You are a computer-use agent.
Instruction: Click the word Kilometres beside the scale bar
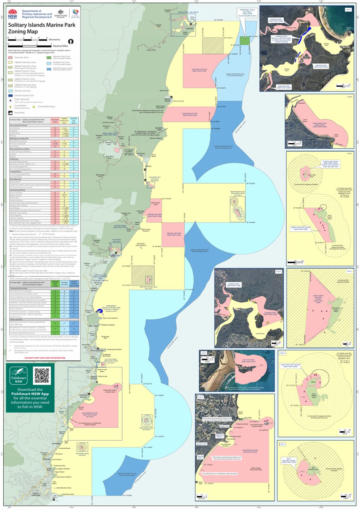coord(54,40)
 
